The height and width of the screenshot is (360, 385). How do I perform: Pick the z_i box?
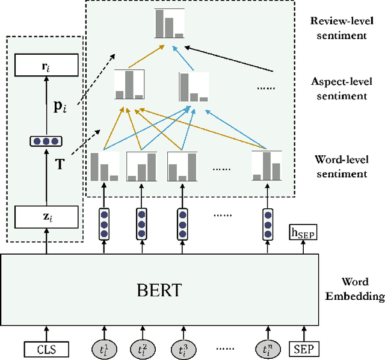[46, 215]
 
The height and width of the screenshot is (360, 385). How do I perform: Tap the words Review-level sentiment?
[338, 28]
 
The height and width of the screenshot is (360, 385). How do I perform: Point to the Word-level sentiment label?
[340, 167]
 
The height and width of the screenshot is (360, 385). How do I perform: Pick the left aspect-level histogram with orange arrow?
[130, 85]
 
